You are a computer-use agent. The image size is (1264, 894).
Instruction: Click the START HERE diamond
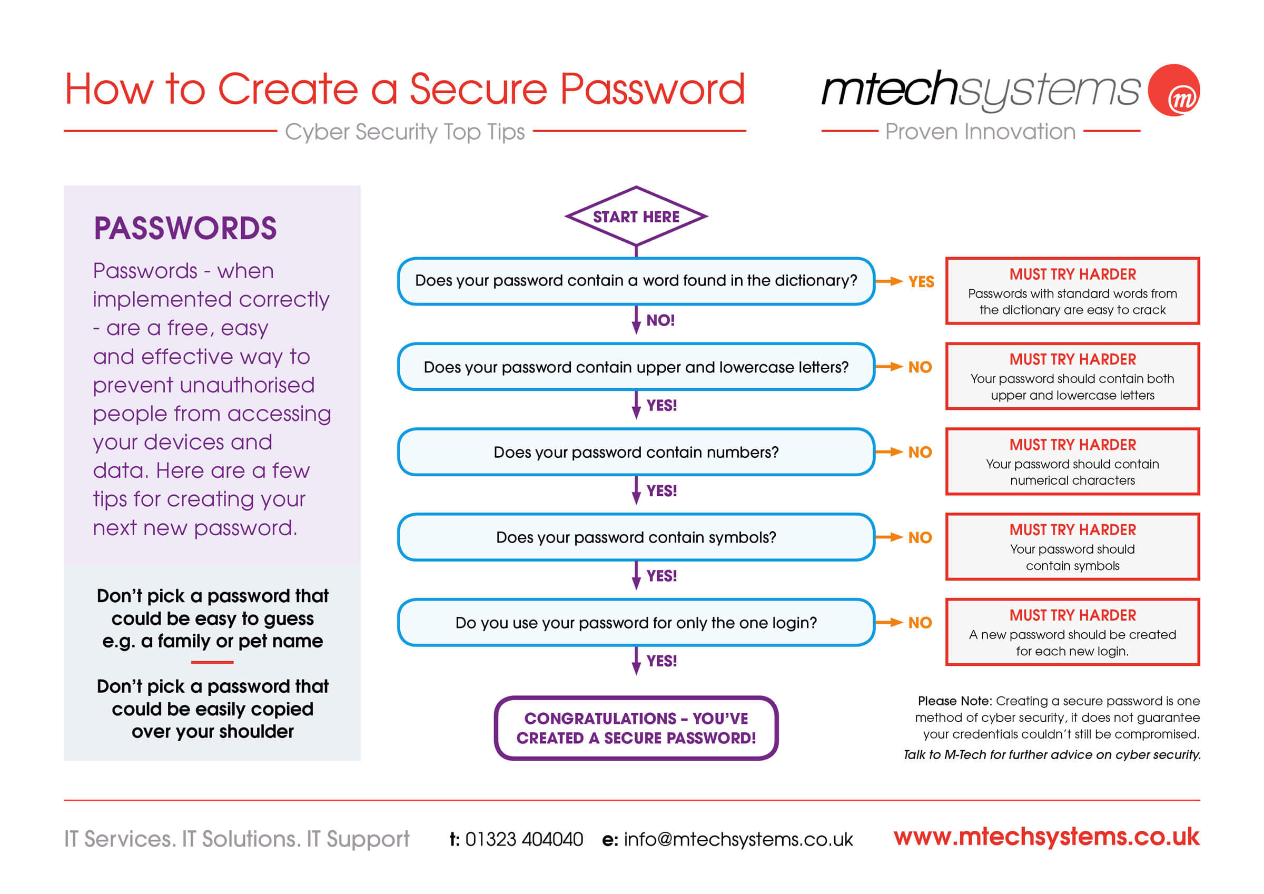point(636,217)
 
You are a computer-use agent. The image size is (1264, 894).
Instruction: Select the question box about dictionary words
point(636,281)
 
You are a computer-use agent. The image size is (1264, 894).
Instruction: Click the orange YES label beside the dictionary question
point(921,281)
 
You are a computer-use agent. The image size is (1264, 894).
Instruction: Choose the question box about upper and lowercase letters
point(636,367)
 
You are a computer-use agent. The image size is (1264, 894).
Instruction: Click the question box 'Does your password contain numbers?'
point(636,452)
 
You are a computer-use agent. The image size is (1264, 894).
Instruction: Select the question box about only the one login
point(636,623)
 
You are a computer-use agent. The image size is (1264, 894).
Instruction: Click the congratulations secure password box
point(636,728)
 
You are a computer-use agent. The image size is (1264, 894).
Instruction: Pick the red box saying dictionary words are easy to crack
point(1072,291)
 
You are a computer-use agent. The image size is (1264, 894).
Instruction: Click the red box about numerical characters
point(1072,461)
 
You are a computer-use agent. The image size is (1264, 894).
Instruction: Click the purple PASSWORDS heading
point(185,228)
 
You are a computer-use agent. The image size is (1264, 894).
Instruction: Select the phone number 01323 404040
point(524,839)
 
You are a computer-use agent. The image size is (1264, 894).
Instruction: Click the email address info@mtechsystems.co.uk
point(738,839)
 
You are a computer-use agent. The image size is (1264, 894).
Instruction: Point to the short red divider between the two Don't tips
point(212,663)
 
